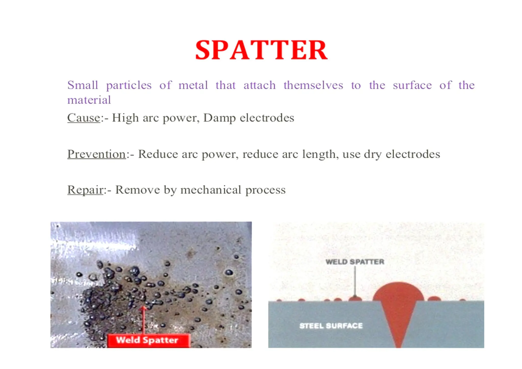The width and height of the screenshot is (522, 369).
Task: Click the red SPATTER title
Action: point(261,50)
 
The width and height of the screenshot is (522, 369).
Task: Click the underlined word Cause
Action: point(84,118)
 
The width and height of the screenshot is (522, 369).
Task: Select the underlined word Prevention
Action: point(96,154)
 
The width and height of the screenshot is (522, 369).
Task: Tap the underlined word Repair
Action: point(85,190)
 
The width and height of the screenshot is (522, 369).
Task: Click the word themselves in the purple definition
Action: point(313,85)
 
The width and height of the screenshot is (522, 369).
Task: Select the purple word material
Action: point(89,100)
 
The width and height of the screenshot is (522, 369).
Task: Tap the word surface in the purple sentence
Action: point(412,85)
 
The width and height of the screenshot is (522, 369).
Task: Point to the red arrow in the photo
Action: point(143,319)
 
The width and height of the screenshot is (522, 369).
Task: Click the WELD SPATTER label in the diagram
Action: point(355,262)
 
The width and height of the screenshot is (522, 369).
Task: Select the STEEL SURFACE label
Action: point(331,326)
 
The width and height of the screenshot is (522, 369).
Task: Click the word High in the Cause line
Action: point(125,118)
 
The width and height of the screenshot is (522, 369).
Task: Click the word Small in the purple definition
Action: point(83,85)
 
